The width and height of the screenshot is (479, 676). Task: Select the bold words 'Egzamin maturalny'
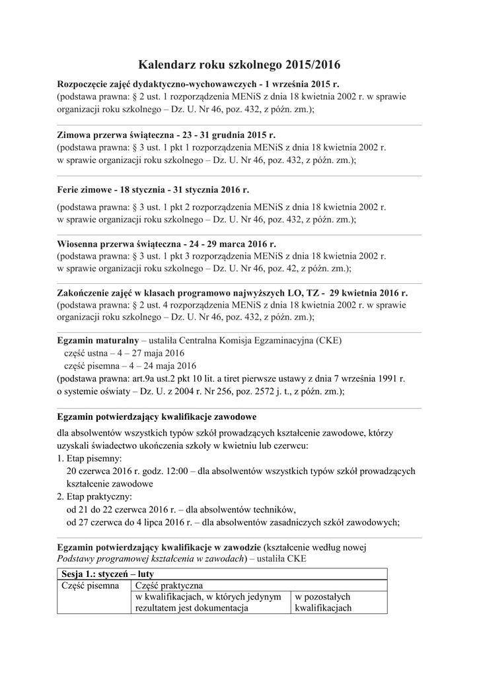[x=98, y=340]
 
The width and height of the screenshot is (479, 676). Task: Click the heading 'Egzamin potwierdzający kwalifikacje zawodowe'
[x=157, y=418]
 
